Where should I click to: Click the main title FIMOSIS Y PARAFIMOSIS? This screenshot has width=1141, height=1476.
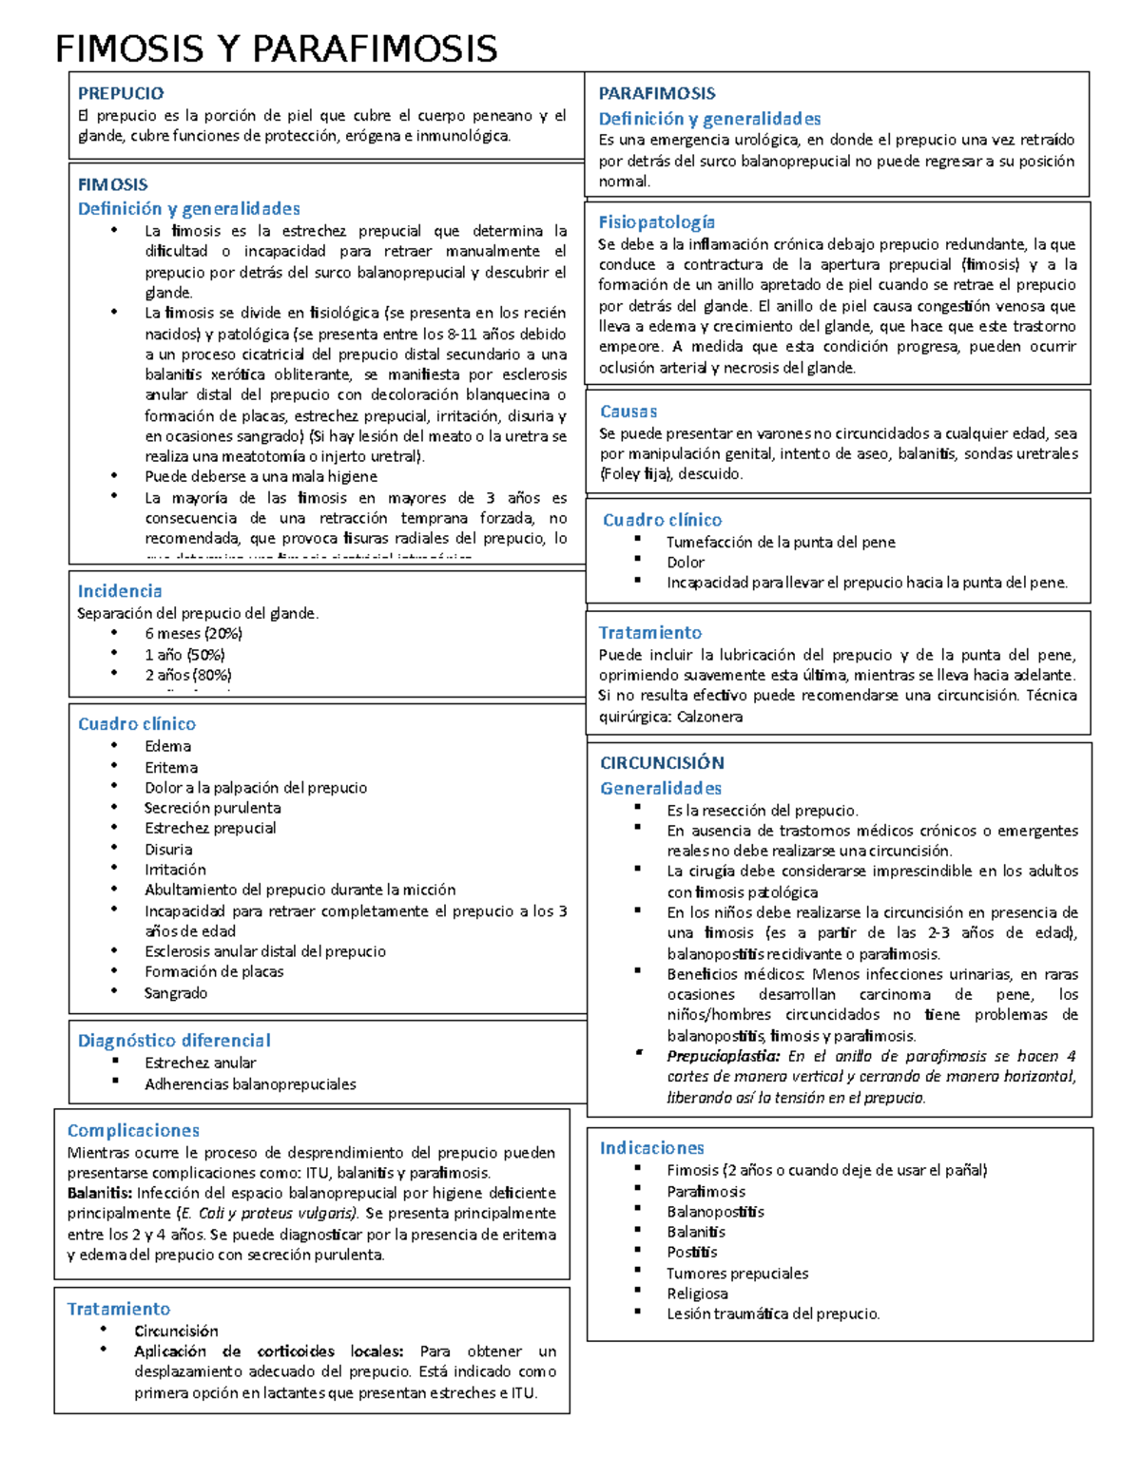pos(276,48)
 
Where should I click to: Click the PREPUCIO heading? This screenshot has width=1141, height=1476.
pos(121,93)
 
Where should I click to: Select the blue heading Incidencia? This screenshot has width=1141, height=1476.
pos(120,591)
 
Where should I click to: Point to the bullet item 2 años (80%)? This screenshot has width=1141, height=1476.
pos(188,675)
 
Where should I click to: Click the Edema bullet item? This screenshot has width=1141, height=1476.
pos(168,746)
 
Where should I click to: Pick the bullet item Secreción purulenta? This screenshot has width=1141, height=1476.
pos(212,808)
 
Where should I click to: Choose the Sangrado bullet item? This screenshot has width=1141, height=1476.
pos(176,992)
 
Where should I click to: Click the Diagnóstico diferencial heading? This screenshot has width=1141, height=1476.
pos(174,1041)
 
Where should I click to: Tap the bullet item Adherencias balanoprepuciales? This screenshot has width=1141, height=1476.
pos(250,1083)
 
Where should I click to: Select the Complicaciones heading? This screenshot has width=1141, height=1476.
pos(133,1130)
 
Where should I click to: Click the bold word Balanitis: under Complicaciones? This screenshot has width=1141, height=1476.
pos(100,1193)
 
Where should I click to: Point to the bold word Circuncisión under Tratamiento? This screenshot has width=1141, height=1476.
pos(176,1331)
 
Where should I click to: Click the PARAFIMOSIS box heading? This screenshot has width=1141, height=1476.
pos(657,93)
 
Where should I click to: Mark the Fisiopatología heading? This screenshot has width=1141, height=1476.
pos(656,222)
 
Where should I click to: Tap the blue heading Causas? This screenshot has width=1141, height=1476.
pos(629,412)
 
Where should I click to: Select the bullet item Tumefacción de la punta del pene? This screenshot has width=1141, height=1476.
pos(781,542)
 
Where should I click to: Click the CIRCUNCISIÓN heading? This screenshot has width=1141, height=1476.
pos(662,762)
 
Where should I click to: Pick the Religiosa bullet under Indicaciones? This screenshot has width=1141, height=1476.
pos(697,1294)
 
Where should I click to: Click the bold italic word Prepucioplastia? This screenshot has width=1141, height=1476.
pos(723,1056)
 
